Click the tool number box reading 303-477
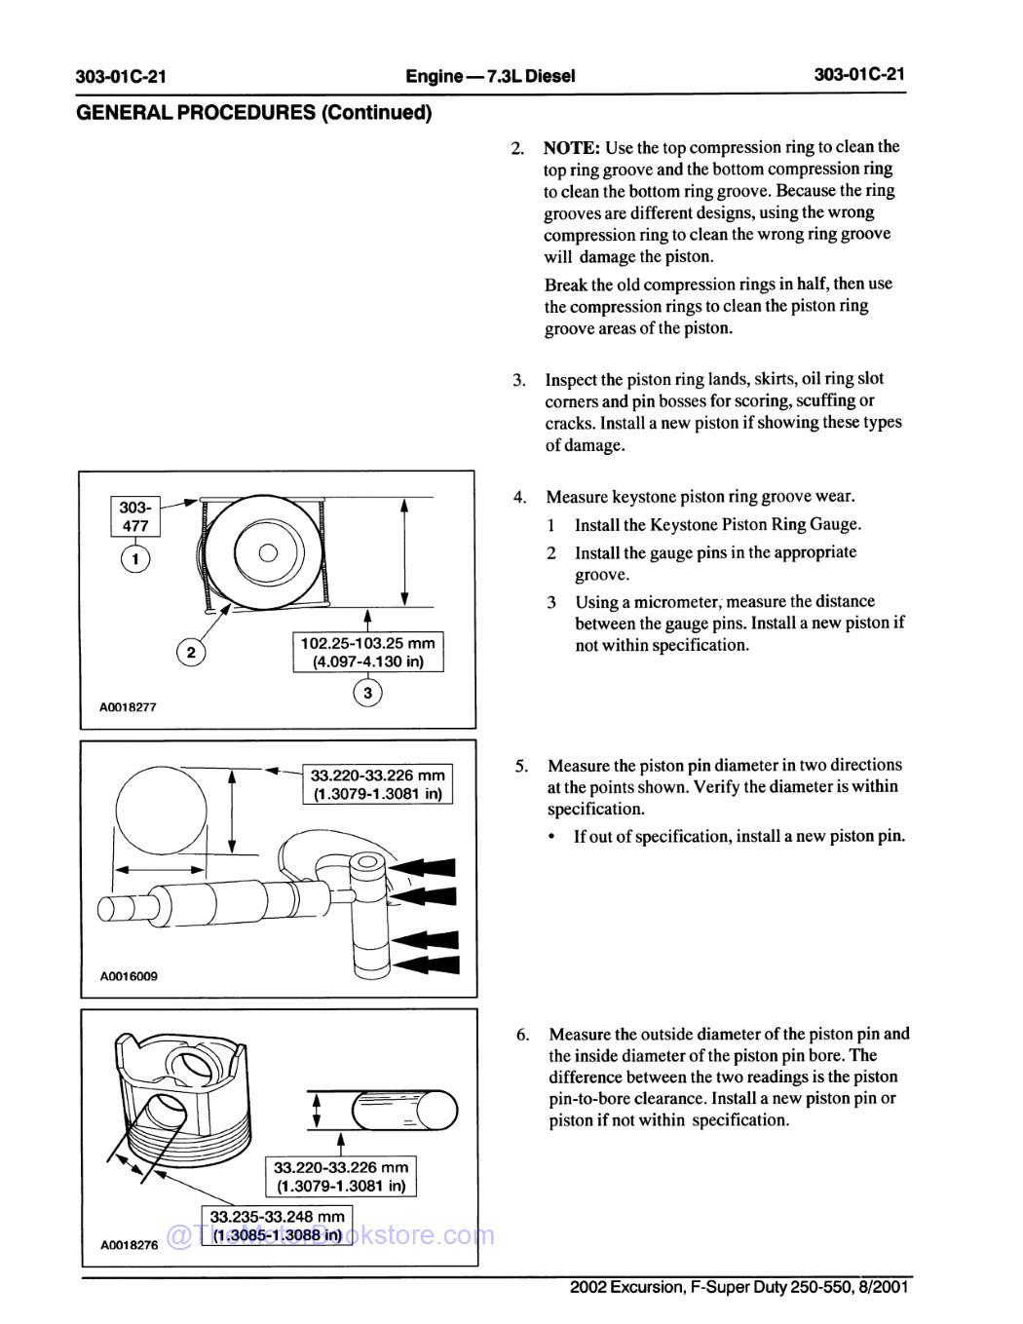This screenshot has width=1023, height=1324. pos(135,517)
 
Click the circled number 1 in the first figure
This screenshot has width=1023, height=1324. pos(135,559)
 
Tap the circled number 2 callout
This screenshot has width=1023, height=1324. pos(192,652)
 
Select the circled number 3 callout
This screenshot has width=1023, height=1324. pos(367,694)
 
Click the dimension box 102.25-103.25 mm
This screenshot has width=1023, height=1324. pos(368,652)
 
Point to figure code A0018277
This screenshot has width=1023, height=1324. pos(128,708)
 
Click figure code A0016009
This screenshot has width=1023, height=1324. pos(128,976)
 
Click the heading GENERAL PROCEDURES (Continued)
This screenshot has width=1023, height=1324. pos(253,113)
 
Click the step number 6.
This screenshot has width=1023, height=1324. pos(523,1035)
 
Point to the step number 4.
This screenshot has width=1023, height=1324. pos(520,498)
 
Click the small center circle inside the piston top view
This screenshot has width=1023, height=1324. pos(269,552)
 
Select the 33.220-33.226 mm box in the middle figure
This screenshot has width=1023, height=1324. pos(377,784)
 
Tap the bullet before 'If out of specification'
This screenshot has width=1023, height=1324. pos(552,837)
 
